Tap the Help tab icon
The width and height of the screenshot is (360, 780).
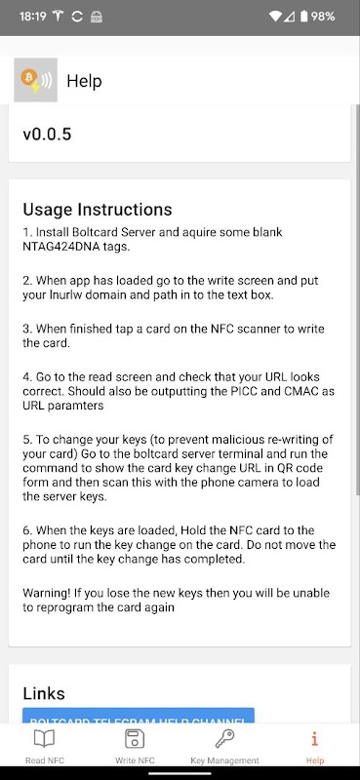315,740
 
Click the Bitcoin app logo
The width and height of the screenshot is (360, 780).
35,80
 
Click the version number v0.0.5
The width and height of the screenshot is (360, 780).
47,135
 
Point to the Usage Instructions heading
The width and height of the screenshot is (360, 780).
98,210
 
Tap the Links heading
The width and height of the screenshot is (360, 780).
44,693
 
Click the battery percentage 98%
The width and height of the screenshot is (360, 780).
323,17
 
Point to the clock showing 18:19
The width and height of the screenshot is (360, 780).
32,17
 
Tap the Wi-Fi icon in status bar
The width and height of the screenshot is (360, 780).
275,17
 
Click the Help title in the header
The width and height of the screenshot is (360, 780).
84,81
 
